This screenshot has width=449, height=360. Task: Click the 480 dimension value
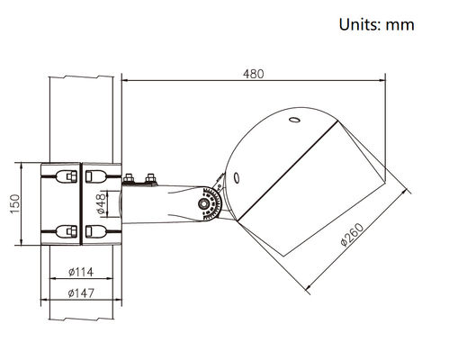tap(254, 74)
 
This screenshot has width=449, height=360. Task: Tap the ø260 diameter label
tap(353, 234)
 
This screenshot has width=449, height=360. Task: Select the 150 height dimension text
tap(15, 204)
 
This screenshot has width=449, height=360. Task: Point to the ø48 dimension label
tap(102, 203)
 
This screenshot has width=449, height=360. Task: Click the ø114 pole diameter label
tap(81, 272)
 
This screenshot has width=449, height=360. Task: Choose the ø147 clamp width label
tap(81, 292)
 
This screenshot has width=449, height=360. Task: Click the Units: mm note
tap(376, 24)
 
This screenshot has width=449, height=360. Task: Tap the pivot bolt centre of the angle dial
tap(204, 204)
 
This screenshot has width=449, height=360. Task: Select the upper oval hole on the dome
tap(294, 120)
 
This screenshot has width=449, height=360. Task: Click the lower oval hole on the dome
tap(237, 178)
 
